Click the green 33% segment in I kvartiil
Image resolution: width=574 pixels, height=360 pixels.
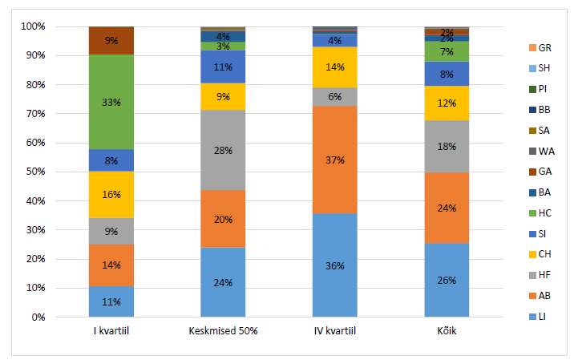(111, 102)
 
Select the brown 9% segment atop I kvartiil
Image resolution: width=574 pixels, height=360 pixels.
(111, 41)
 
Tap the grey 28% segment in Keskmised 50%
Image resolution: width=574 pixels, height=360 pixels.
(223, 150)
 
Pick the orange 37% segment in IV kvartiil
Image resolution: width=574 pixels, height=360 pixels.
(335, 160)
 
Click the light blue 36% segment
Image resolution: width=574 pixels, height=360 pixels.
(335, 265)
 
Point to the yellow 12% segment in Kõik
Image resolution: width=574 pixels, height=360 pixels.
(447, 103)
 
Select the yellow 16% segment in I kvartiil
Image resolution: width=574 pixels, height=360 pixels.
(111, 195)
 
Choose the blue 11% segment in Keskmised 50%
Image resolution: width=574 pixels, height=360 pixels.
(223, 67)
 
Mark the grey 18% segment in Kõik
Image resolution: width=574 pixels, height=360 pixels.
(447, 147)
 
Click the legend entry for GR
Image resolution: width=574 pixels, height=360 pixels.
(540, 47)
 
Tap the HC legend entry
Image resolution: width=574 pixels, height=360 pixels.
(540, 213)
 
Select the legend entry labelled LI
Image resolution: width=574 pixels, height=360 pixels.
(537, 317)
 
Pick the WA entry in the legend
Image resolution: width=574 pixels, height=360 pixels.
(542, 151)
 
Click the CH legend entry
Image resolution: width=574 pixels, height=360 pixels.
(540, 254)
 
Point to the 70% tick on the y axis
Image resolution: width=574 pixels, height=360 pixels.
(35, 114)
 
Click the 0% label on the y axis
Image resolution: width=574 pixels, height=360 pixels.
(38, 318)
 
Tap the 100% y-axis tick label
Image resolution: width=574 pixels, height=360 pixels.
(34, 26)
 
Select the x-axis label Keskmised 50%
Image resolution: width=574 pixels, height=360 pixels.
(223, 331)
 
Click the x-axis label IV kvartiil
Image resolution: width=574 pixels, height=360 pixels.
(335, 331)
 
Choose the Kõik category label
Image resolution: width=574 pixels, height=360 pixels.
(447, 331)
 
